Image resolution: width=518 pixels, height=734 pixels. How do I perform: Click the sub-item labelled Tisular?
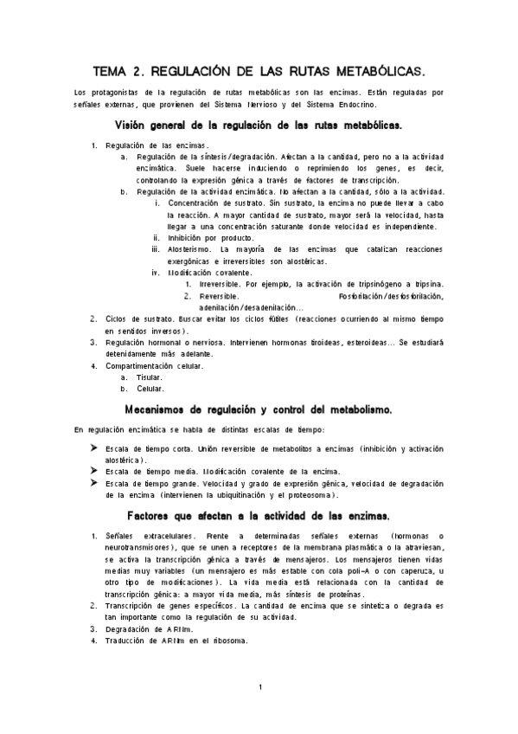[x=150, y=377]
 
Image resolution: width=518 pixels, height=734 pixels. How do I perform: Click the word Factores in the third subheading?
[x=155, y=516]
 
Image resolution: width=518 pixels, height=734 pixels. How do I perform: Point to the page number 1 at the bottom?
[x=259, y=687]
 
